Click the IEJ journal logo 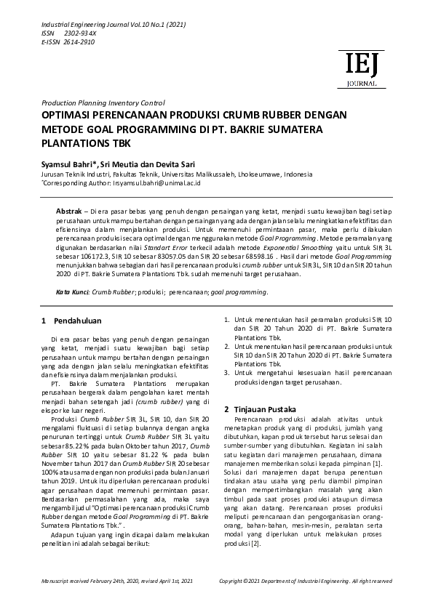(x=361, y=70)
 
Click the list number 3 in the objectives (x=226, y=372)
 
